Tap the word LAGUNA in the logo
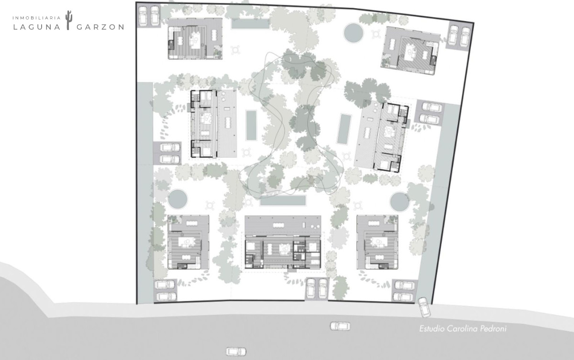click(x=37, y=27)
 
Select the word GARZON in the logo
click(x=100, y=27)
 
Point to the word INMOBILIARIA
click(x=37, y=18)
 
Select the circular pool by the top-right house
click(x=353, y=33)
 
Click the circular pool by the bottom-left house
click(x=178, y=199)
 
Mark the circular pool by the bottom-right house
click(x=400, y=202)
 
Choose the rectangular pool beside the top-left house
click(x=250, y=23)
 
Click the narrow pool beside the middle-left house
click(x=251, y=125)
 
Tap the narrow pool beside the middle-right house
click(x=344, y=129)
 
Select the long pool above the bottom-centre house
click(x=283, y=200)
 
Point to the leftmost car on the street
click(x=236, y=351)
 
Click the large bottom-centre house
click(x=283, y=242)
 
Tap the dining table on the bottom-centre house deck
click(x=278, y=225)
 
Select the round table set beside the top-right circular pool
click(x=376, y=34)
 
